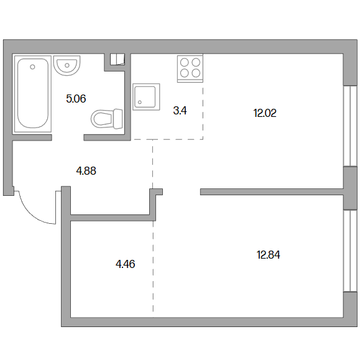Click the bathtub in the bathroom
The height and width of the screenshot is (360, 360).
coord(32,94)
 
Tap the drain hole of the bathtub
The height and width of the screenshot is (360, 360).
coord(32,67)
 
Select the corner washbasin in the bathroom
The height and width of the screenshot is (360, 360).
coord(67,65)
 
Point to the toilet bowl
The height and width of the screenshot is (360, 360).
coord(103,119)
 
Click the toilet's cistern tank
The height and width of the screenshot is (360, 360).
coord(118,119)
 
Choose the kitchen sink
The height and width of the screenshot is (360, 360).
coord(146,97)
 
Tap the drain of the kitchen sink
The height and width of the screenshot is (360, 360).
coord(140,103)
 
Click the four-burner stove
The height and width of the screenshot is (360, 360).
coord(190,68)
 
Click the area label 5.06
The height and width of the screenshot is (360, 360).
coord(76,99)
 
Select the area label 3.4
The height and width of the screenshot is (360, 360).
coord(180,111)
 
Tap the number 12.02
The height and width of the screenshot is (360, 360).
coord(265,113)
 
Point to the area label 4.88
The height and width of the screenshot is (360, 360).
coord(86,171)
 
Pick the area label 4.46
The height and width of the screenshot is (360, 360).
coord(126,264)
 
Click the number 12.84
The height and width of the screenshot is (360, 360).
coord(269,255)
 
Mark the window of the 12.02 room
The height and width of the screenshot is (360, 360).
coord(350,126)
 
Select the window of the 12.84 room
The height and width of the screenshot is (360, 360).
coord(350,251)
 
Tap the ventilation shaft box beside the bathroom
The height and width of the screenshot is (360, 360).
coord(118,59)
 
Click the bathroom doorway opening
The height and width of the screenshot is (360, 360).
coord(68,137)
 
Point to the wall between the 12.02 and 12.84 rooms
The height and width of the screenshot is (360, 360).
coord(272,192)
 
